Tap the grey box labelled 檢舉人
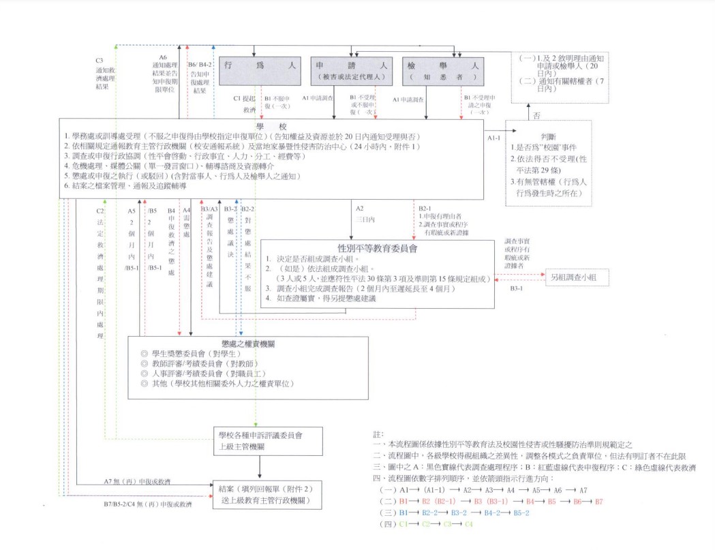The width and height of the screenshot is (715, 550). point(443,71)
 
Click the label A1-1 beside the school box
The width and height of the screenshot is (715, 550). point(494,137)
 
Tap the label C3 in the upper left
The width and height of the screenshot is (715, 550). point(100,60)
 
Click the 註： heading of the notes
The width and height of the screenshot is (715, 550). point(379,434)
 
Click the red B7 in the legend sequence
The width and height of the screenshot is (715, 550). point(598,501)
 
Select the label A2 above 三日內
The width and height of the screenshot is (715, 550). point(359,208)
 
